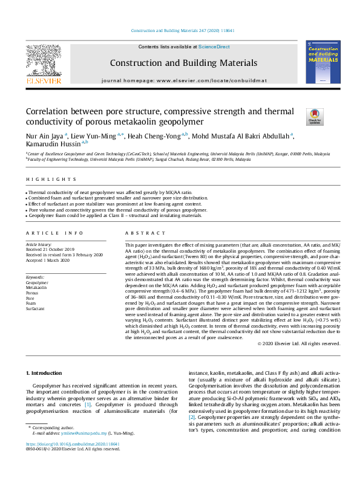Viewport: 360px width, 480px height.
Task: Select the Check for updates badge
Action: tap(298, 115)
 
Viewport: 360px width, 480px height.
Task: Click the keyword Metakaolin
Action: tap(37, 287)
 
